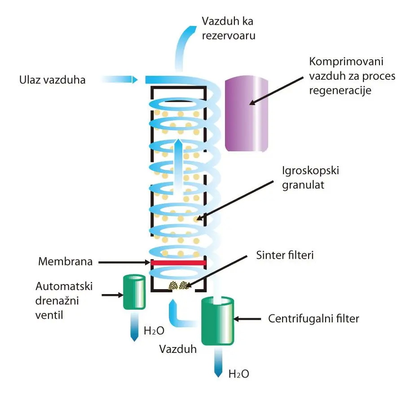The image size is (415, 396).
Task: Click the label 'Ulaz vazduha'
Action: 52,80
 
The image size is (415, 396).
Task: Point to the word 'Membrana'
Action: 65,262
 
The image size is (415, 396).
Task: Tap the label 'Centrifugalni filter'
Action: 313,319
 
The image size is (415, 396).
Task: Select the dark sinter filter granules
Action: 178,286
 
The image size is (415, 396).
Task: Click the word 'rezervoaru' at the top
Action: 229,35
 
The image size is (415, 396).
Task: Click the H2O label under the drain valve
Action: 154,332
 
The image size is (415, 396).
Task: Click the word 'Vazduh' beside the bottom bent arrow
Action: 178,349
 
